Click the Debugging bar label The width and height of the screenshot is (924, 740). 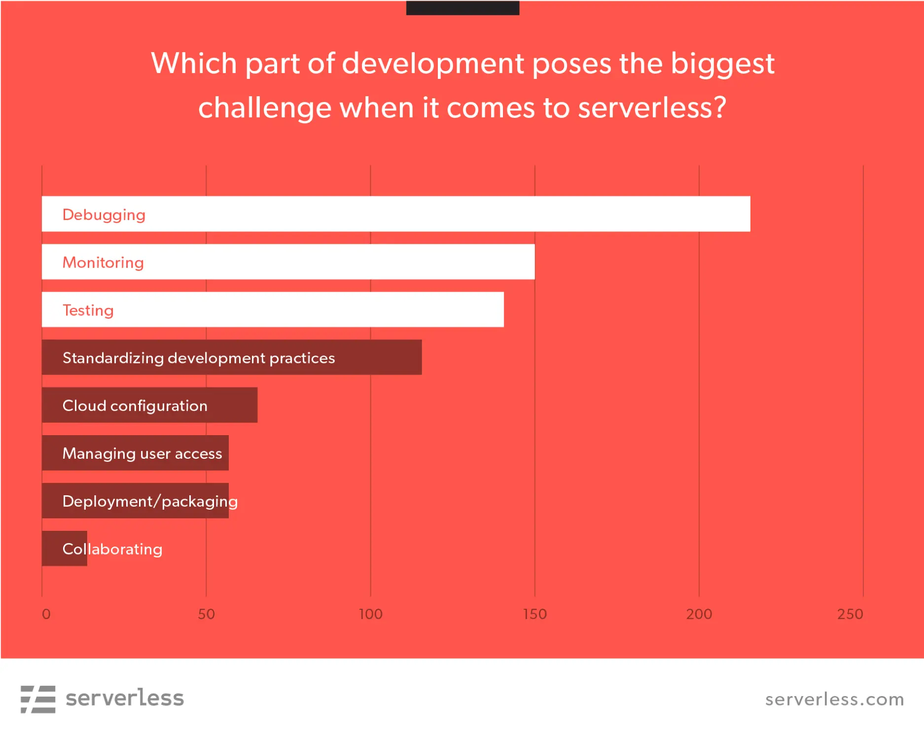104,215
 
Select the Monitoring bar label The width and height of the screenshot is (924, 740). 103,262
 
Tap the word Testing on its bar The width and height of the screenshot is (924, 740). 88,310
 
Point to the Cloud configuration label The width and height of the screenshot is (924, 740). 135,406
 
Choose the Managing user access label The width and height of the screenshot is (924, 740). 142,453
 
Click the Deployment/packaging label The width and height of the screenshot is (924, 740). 150,501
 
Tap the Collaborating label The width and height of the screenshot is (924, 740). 112,549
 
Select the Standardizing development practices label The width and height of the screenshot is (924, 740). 199,358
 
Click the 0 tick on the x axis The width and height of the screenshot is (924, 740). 46,614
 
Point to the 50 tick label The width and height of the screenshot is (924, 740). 206,614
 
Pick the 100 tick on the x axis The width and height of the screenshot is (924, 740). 370,614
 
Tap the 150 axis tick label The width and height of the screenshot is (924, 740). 534,614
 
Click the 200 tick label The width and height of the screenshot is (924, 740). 699,614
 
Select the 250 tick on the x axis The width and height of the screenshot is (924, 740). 850,614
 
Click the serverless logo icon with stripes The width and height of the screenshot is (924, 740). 38,699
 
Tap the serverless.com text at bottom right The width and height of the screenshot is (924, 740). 834,700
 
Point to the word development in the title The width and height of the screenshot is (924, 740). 433,64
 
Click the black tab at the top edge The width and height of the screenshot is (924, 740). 462,7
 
